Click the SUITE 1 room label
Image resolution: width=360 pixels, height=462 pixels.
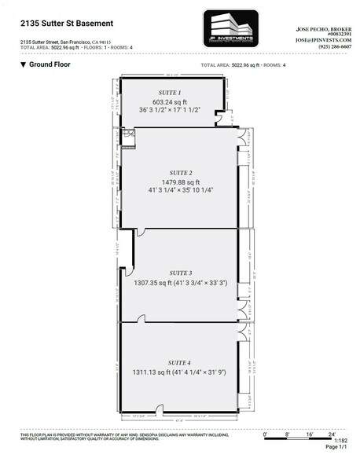171,93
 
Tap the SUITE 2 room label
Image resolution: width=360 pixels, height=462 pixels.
180,171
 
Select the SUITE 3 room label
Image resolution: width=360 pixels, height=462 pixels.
180,272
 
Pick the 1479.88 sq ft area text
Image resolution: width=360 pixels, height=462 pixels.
180,181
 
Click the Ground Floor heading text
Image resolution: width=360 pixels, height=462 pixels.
52,64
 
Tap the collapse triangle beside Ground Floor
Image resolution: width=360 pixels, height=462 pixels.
24,64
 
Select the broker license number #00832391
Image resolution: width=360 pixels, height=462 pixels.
329,31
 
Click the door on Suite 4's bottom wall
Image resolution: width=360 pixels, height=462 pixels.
159,409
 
